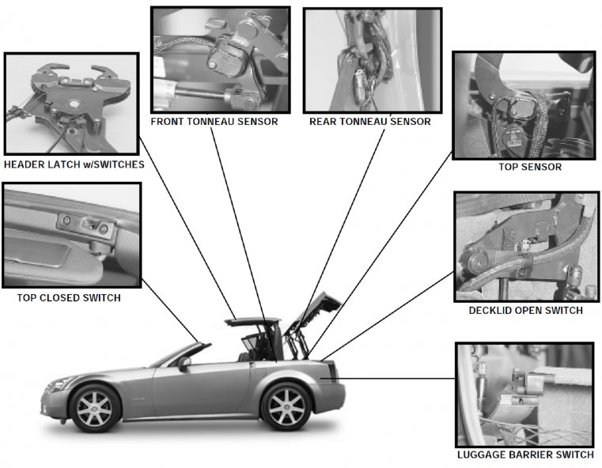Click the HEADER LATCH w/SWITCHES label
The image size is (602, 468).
pyautogui.click(x=74, y=165)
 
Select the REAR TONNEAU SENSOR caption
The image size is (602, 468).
pyautogui.click(x=370, y=122)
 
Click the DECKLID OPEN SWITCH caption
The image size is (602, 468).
pyautogui.click(x=525, y=311)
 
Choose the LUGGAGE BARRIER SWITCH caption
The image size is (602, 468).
pyautogui.click(x=525, y=455)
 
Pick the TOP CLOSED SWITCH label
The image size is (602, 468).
pyautogui.click(x=70, y=298)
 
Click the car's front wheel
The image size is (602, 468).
pyautogui.click(x=96, y=407)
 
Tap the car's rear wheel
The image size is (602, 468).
pyautogui.click(x=286, y=406)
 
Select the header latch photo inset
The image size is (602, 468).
pyautogui.click(x=71, y=104)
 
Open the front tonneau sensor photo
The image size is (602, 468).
pyautogui.click(x=220, y=60)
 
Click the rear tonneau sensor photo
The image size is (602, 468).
pyautogui.click(x=372, y=60)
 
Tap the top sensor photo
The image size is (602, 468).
pyautogui.click(x=523, y=105)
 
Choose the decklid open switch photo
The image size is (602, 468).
pyautogui.click(x=526, y=247)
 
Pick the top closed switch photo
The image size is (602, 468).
pyautogui.click(x=71, y=235)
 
